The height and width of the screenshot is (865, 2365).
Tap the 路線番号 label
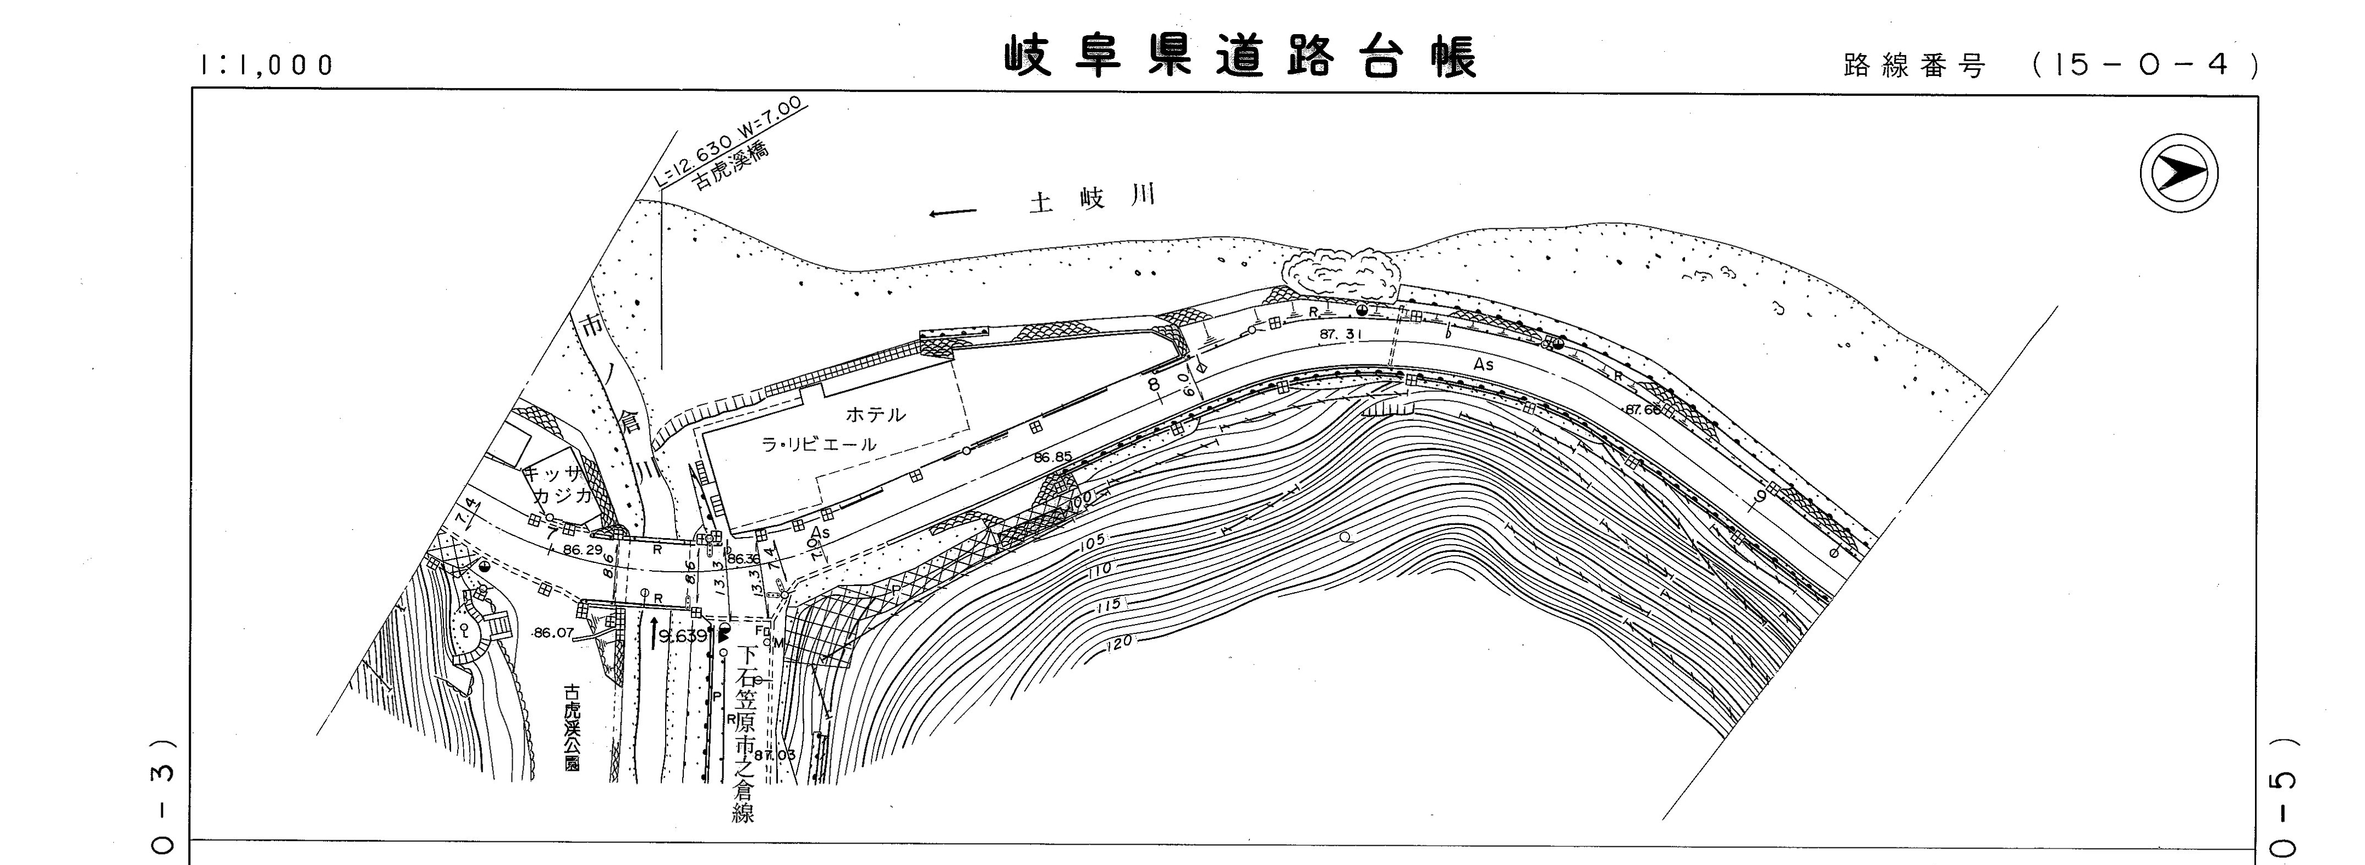pyautogui.click(x=1914, y=66)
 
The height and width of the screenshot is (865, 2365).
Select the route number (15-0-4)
pyautogui.click(x=2144, y=65)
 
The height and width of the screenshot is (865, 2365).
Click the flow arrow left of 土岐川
pyautogui.click(x=952, y=214)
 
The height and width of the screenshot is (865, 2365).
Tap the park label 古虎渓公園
pyautogui.click(x=573, y=725)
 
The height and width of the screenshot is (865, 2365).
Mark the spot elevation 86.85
pyautogui.click(x=1052, y=456)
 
